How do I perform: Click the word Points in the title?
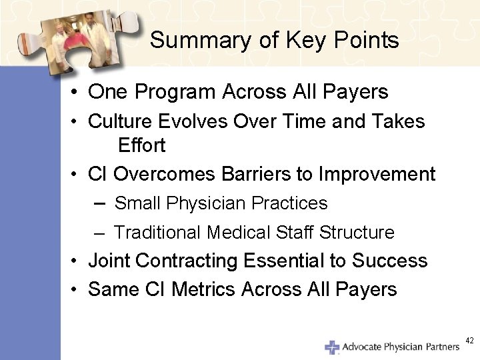(x=367, y=41)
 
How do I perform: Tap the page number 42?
(x=469, y=341)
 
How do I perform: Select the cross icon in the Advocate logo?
(x=331, y=347)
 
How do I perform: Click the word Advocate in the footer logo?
(x=363, y=347)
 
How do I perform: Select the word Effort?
(x=142, y=145)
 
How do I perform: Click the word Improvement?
(x=377, y=175)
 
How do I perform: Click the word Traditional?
(x=157, y=233)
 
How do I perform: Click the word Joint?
(x=109, y=261)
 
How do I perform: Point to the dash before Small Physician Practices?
(x=101, y=203)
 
